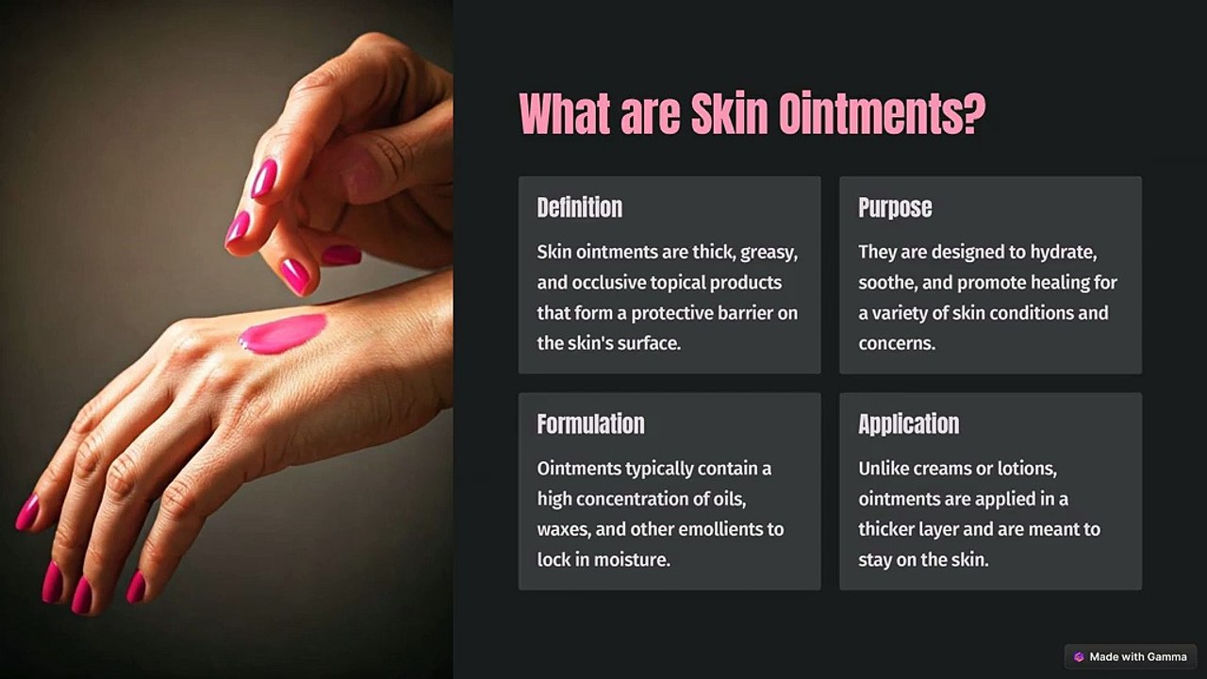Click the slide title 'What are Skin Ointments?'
click(x=752, y=114)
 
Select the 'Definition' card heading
click(x=579, y=207)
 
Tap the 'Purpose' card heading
click(x=894, y=207)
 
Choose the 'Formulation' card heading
click(x=590, y=424)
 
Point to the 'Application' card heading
click(x=908, y=424)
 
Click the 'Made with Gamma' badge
click(x=1131, y=656)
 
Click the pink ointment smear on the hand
click(x=283, y=333)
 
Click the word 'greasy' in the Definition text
click(x=769, y=253)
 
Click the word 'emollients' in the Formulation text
click(x=718, y=529)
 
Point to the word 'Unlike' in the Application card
click(x=885, y=469)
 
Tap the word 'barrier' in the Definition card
click(x=741, y=313)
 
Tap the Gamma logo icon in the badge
click(x=1079, y=656)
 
